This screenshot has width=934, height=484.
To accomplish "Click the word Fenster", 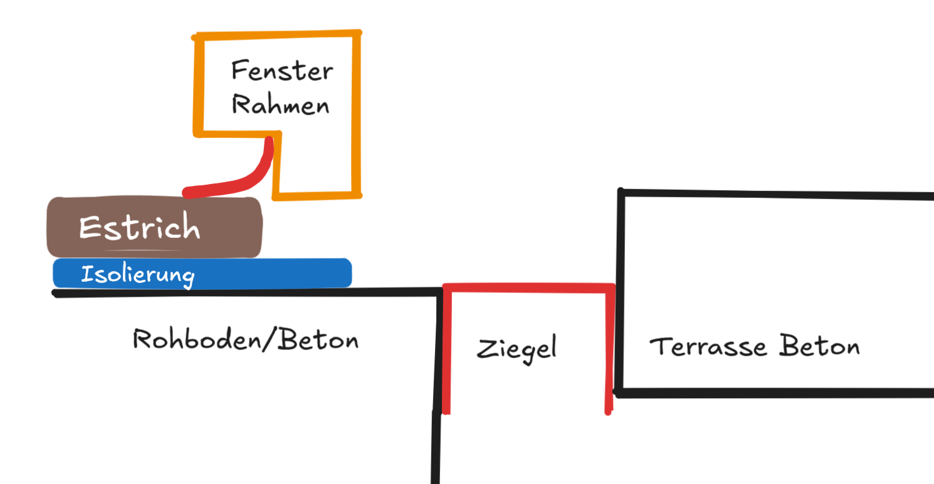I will pos(282,71).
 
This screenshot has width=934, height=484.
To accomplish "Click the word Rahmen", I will pos(281,105).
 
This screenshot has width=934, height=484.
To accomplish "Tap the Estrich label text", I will pos(139,228).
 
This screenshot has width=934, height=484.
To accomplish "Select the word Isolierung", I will pos(138,275).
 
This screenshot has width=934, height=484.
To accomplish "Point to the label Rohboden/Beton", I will pos(246,340).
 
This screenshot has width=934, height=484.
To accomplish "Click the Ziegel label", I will pos(517,349).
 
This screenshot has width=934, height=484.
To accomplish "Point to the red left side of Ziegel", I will pos(446,351).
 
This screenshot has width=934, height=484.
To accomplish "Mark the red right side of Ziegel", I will pos(609,351).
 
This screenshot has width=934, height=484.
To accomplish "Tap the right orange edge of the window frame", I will pos(356,113).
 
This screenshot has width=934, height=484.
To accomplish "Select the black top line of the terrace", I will pos(777,195).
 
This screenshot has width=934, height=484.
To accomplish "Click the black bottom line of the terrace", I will pos(777,393).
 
